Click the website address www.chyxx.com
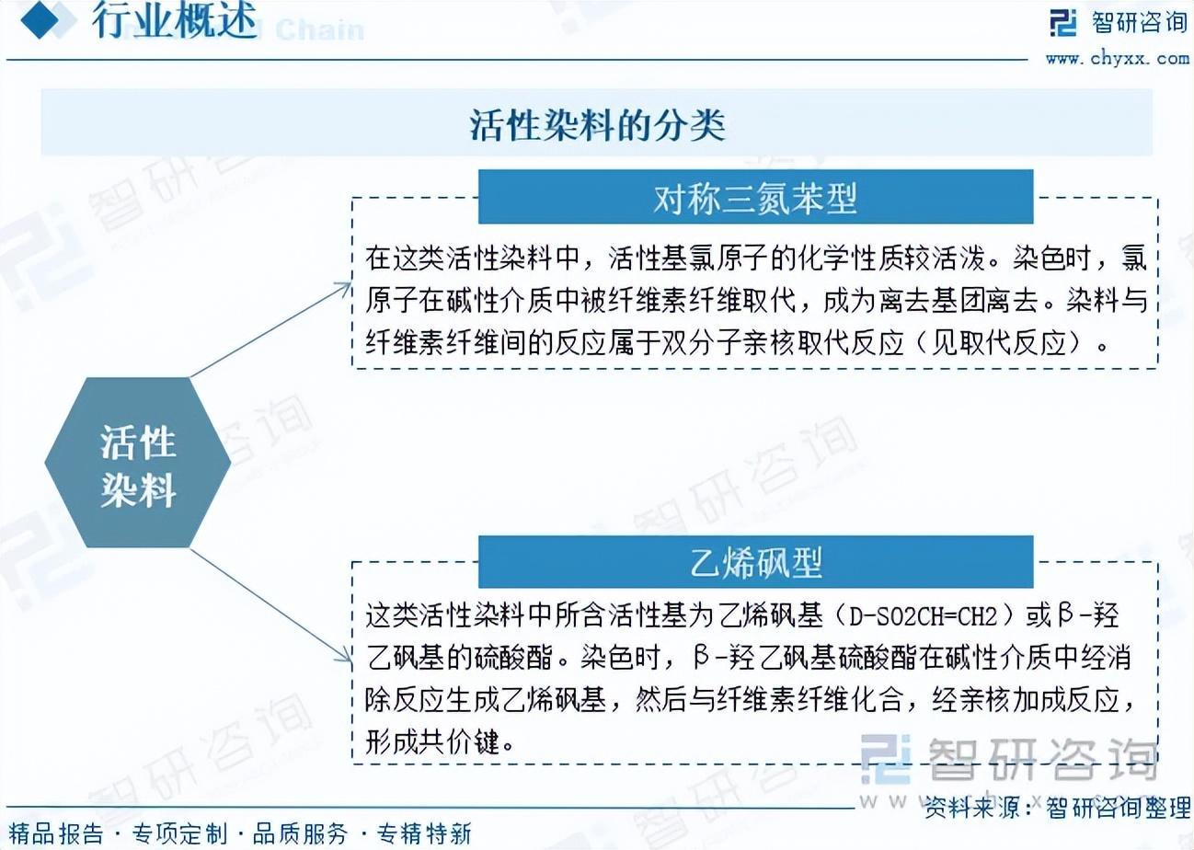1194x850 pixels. point(1118,58)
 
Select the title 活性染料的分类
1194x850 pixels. point(597,125)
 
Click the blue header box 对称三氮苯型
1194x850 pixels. point(755,197)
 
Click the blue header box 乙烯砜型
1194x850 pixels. point(755,562)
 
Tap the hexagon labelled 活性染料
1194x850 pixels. point(138,463)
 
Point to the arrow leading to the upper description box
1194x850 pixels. point(270,330)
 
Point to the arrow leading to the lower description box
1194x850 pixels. point(270,606)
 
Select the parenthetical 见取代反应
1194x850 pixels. point(998,342)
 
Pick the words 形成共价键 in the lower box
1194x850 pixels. point(432,741)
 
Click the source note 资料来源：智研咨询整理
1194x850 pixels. point(1057,808)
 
